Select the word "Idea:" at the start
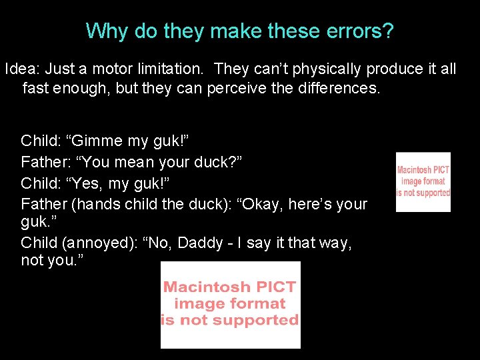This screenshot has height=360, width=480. [22, 69]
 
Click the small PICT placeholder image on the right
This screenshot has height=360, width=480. [423, 182]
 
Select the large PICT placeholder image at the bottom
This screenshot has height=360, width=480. [231, 305]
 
